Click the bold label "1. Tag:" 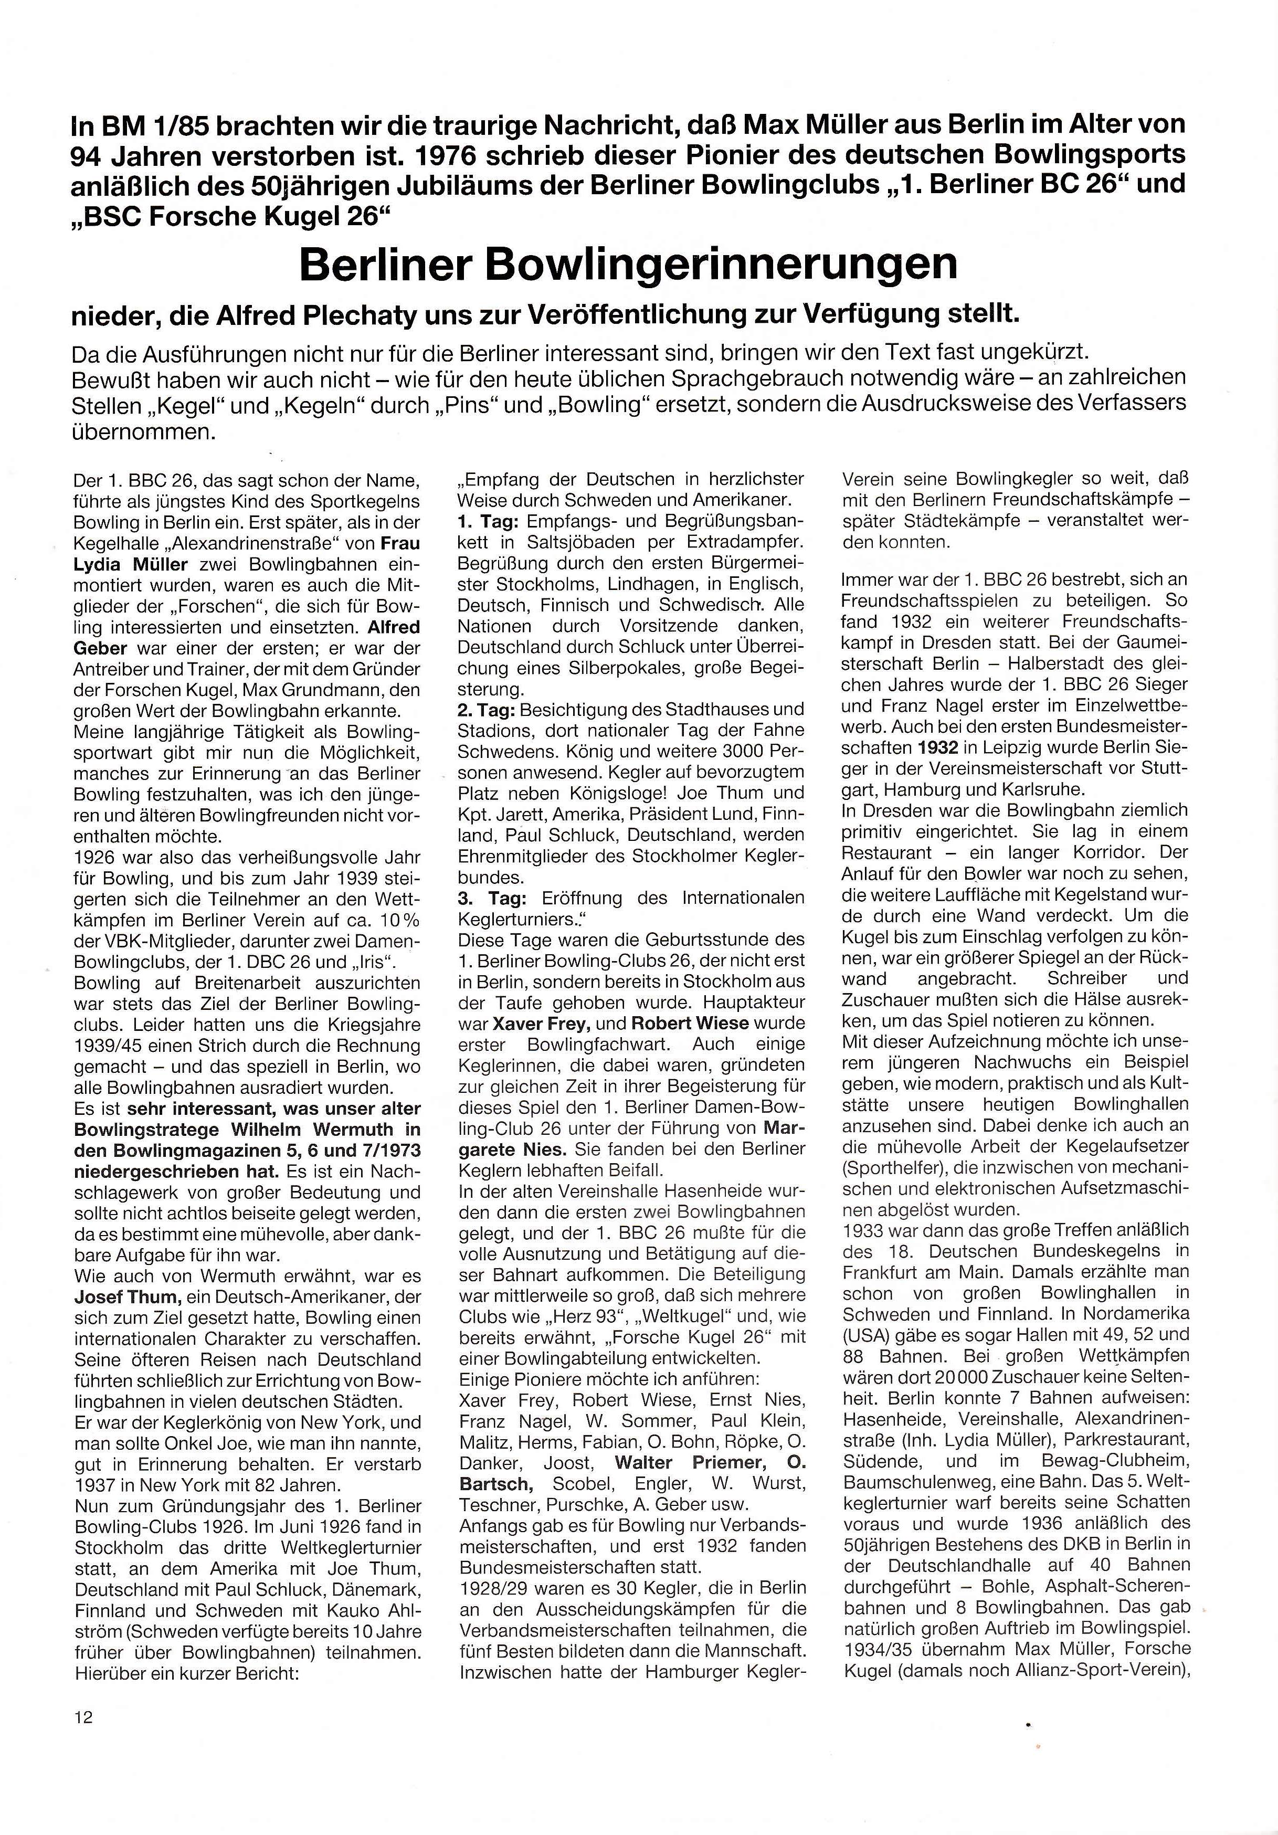(486, 521)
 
